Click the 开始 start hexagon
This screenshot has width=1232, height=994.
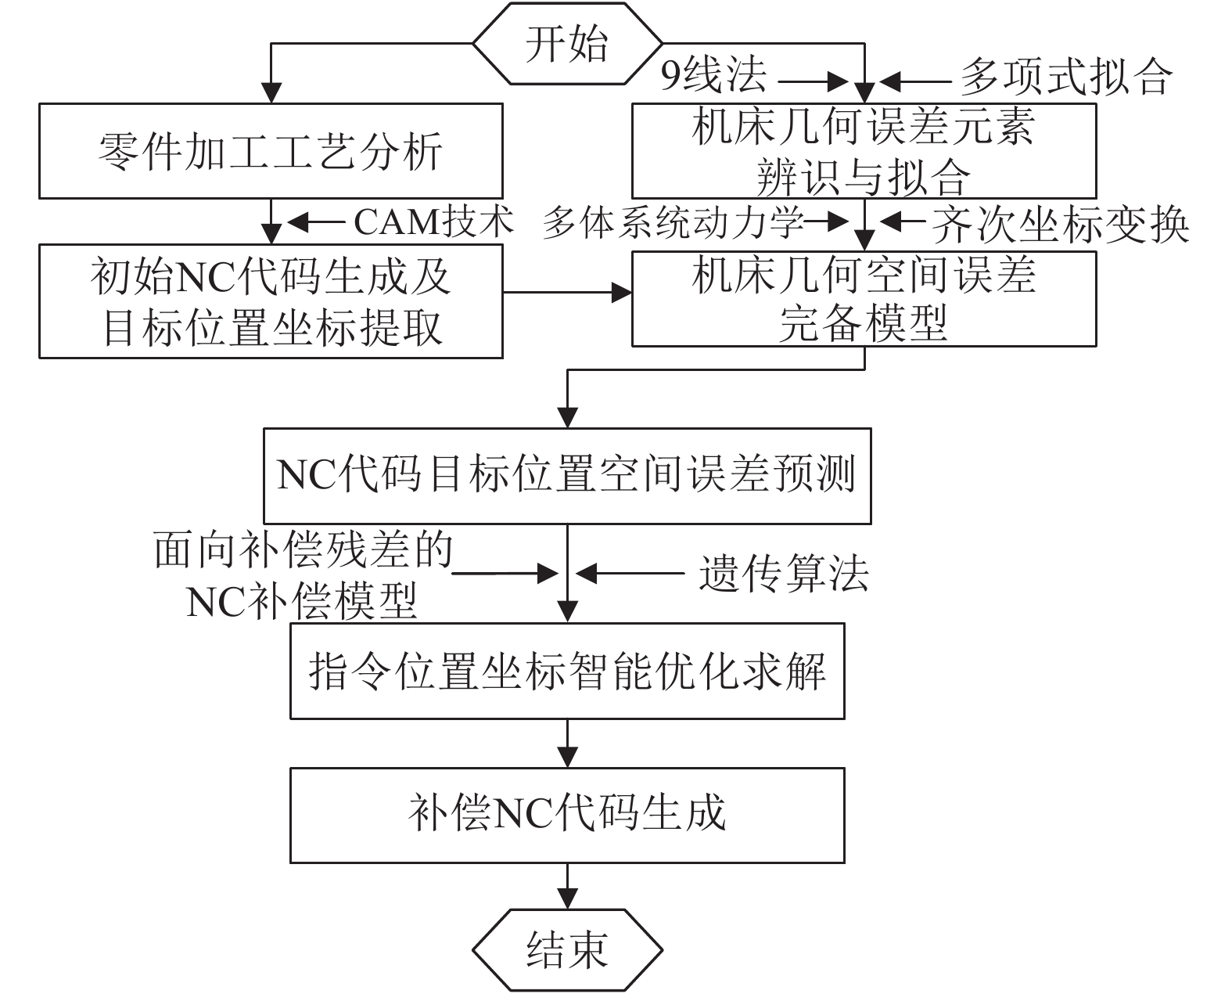567,44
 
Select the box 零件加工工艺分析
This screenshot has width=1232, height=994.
271,151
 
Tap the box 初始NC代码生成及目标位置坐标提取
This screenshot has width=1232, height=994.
271,301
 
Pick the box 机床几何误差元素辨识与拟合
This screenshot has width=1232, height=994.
864,151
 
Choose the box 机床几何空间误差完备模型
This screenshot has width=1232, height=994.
864,298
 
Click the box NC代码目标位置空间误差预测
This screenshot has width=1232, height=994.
567,475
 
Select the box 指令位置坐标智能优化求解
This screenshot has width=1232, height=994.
567,671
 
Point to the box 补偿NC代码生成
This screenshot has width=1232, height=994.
567,815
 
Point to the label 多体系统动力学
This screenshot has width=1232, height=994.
673,223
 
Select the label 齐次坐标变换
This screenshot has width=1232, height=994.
1060,225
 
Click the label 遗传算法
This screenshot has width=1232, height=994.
783,574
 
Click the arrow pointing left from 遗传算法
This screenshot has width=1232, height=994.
630,574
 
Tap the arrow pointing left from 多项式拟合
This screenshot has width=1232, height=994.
915,80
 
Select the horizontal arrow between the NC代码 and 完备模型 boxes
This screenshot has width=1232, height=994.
567,294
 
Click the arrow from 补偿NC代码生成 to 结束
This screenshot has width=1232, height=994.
567,886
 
